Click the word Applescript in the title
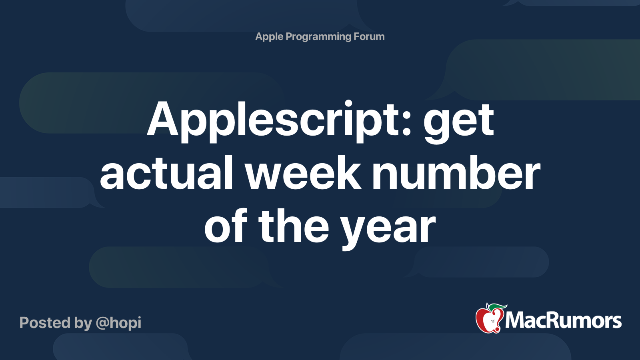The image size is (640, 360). [279, 121]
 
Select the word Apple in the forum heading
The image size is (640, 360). [269, 37]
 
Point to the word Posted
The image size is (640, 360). [45, 322]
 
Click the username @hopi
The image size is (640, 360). [118, 323]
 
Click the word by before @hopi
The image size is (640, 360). [83, 323]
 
